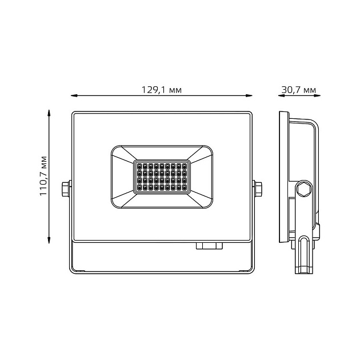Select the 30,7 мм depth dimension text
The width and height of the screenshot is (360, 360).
(298, 90)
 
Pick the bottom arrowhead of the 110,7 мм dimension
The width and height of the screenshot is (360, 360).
(49, 239)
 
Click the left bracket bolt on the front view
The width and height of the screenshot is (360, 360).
(66, 188)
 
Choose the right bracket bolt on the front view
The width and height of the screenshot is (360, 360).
(258, 188)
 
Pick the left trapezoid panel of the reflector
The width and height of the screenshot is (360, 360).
(122, 176)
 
